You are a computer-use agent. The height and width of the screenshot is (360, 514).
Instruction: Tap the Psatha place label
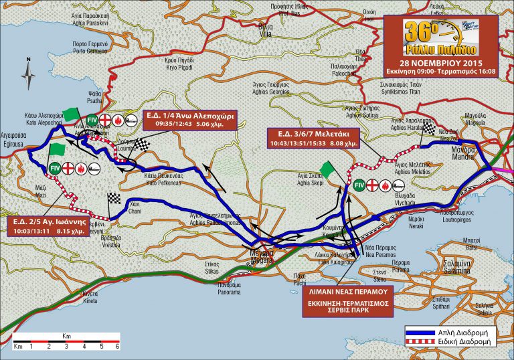[95, 100]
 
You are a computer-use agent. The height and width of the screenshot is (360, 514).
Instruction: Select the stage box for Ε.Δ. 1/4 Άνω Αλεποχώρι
[191, 119]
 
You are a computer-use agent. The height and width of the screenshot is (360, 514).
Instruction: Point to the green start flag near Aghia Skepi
[326, 168]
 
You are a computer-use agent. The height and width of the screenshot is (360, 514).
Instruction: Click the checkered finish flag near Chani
[113, 197]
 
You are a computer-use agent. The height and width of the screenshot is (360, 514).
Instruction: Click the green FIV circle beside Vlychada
[359, 185]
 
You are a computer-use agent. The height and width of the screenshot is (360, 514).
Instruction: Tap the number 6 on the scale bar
[118, 347]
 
